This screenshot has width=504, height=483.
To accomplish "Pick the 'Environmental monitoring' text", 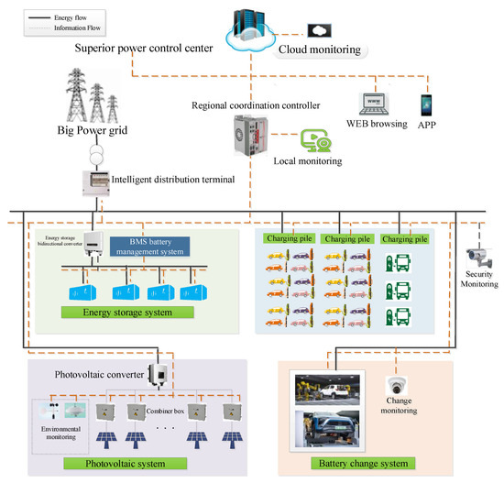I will click(x=58, y=434).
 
